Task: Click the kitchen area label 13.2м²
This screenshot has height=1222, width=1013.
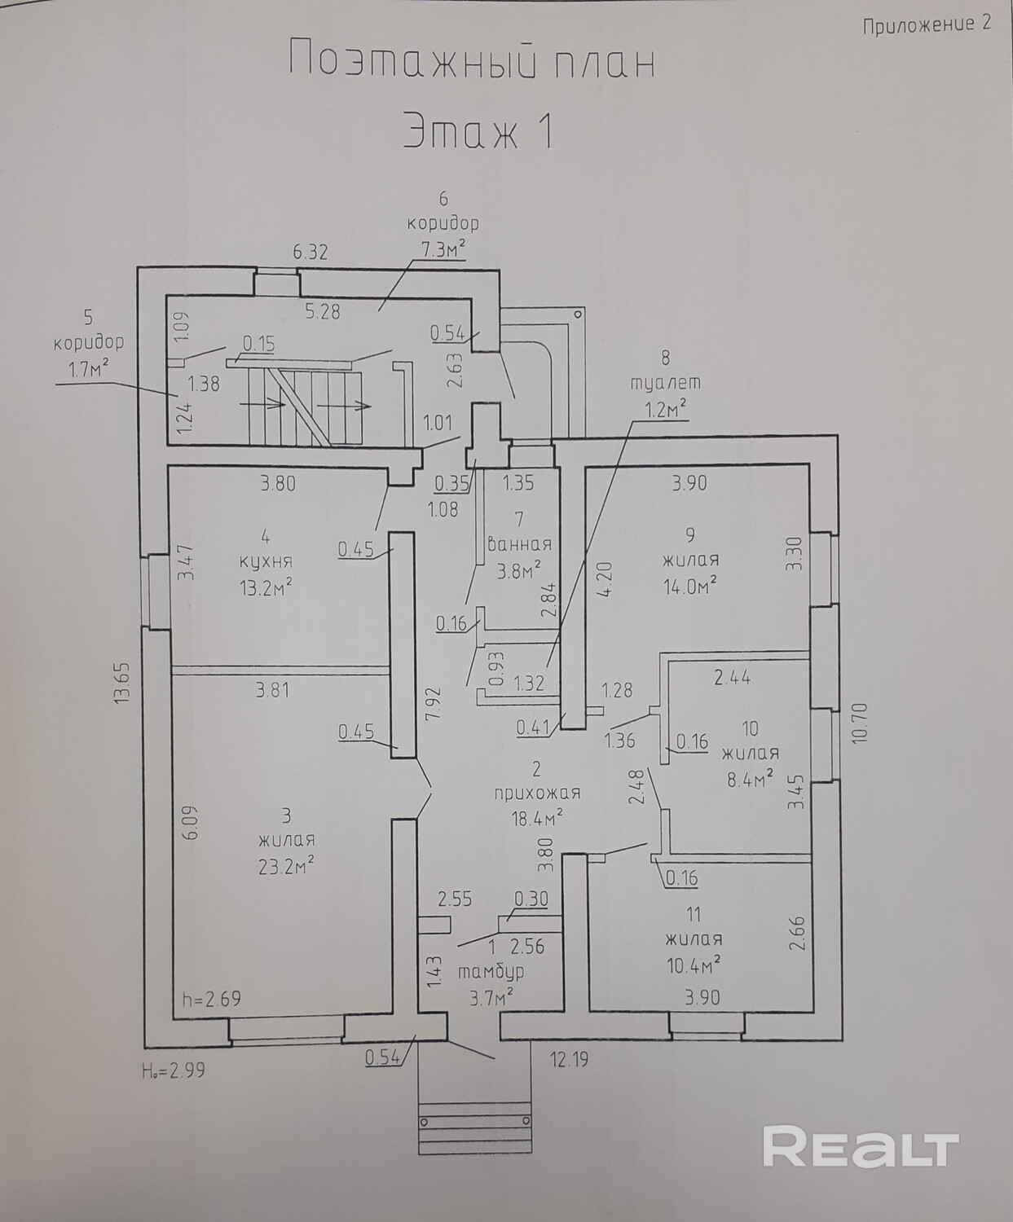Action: point(266,587)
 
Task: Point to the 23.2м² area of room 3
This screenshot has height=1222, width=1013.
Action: point(286,865)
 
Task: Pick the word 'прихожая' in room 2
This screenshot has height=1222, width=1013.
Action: point(537,793)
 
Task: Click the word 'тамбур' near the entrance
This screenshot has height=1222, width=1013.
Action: point(490,971)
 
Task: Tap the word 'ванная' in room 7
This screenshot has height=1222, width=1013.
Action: point(520,543)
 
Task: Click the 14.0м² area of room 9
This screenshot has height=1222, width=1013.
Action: point(691,587)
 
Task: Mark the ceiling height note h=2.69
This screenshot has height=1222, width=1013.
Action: point(211,999)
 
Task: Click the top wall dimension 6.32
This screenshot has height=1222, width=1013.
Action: point(311,253)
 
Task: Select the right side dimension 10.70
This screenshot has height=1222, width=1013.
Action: point(862,723)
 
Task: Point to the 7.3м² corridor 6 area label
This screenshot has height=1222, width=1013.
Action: point(443,250)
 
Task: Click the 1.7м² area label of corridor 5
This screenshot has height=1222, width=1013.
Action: point(88,369)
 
